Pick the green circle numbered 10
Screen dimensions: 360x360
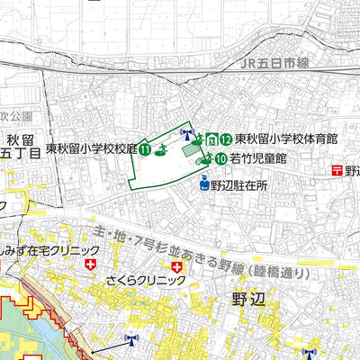click(220, 158)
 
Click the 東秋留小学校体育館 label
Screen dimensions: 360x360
click(285, 139)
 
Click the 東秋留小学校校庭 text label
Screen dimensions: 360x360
click(91, 149)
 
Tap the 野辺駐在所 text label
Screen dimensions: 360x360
click(239, 185)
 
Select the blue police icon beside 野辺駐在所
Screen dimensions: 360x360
click(204, 185)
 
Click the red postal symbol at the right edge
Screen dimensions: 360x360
click(336, 168)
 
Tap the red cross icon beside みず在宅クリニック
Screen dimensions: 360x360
click(91, 265)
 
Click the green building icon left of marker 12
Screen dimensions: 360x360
click(211, 139)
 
